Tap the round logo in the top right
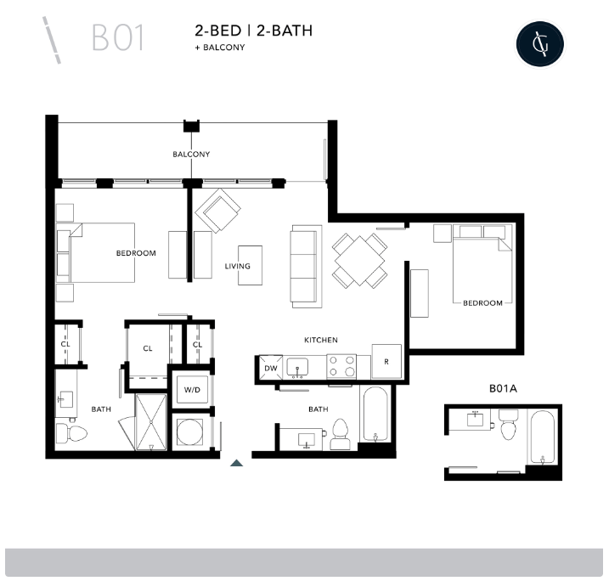coord(540,42)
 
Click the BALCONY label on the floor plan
coord(191,155)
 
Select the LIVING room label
coord(238,266)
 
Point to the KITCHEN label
coord(321,340)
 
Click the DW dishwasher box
coord(270,368)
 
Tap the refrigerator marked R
coord(386,362)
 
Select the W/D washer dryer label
coord(192,390)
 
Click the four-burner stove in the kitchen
coord(341,366)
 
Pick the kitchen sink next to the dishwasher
coord(299,367)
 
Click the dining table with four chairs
coord(359,260)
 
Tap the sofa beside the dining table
coord(307,266)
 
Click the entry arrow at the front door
coord(237,462)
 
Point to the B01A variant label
coord(503,388)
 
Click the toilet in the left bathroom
coord(70,434)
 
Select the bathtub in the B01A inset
coord(541,437)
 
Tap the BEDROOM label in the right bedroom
coord(482,302)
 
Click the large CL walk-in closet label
coord(148,348)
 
